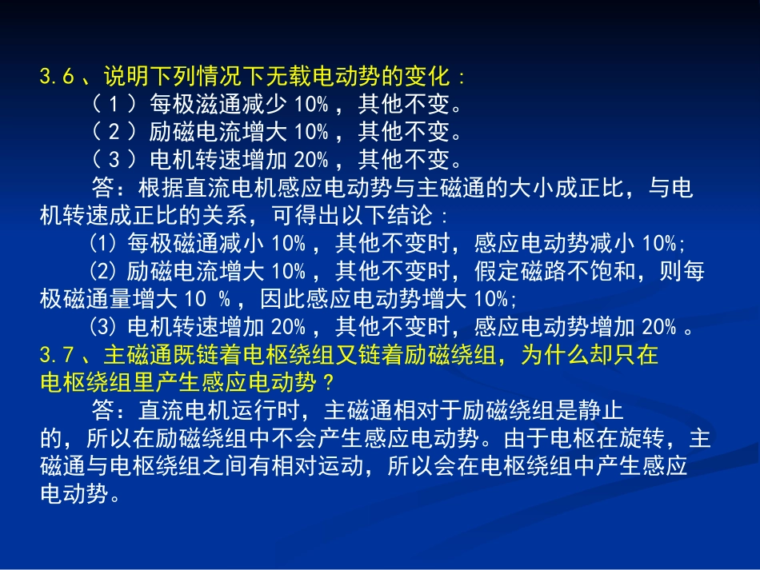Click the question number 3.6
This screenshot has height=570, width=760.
57,78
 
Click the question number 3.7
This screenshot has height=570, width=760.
57,354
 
